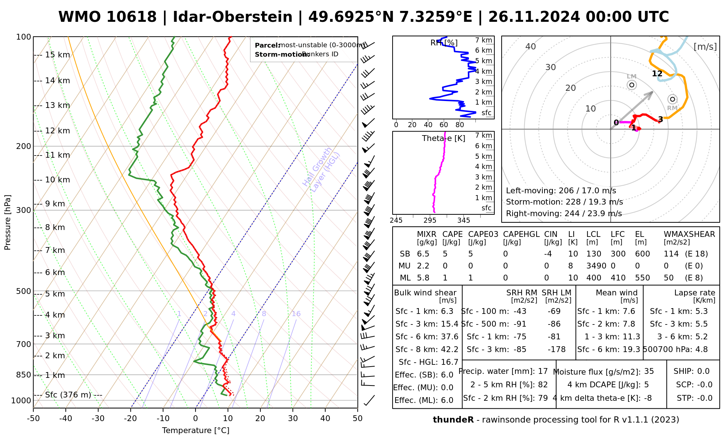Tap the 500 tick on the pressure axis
coord(24,291)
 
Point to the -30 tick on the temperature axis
coord(98,419)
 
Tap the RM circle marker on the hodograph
coord(672,99)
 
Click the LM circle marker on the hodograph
coord(632,85)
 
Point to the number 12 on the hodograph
coord(657,74)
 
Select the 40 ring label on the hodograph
coord(531,47)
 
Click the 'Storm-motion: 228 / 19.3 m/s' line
coord(564,202)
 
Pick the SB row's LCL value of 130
coord(594,254)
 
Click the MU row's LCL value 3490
coord(596,266)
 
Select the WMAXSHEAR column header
coord(689,234)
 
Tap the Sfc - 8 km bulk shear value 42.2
coord(450,350)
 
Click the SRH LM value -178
coord(557,350)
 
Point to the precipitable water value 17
coord(543,371)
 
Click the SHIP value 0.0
coord(703,371)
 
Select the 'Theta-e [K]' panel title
coord(443,138)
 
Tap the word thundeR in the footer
coord(453,420)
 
